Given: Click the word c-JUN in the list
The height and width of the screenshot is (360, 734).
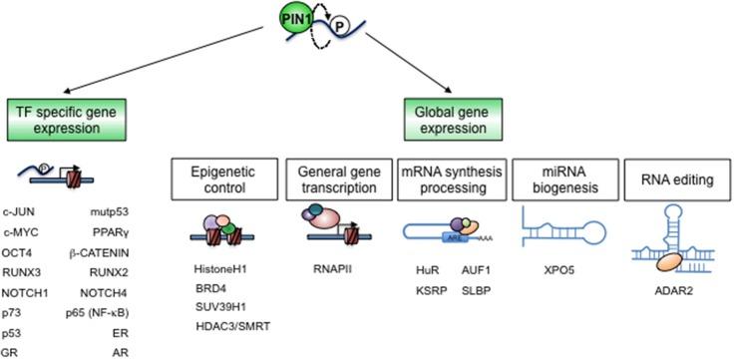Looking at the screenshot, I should pyautogui.click(x=21, y=212).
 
